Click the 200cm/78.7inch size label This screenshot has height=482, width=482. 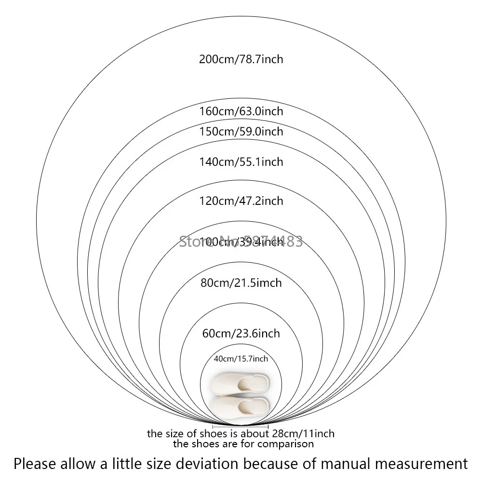point(241,60)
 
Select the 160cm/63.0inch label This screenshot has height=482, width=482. point(241,111)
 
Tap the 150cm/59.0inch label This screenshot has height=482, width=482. point(241,132)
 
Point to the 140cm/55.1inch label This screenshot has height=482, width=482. point(241,162)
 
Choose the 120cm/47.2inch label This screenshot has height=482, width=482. point(241,201)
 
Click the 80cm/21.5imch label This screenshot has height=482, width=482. point(241,282)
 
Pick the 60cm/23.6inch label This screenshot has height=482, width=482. point(241,334)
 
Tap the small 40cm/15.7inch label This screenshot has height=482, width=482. point(241,359)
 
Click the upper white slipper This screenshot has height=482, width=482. point(240,385)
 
